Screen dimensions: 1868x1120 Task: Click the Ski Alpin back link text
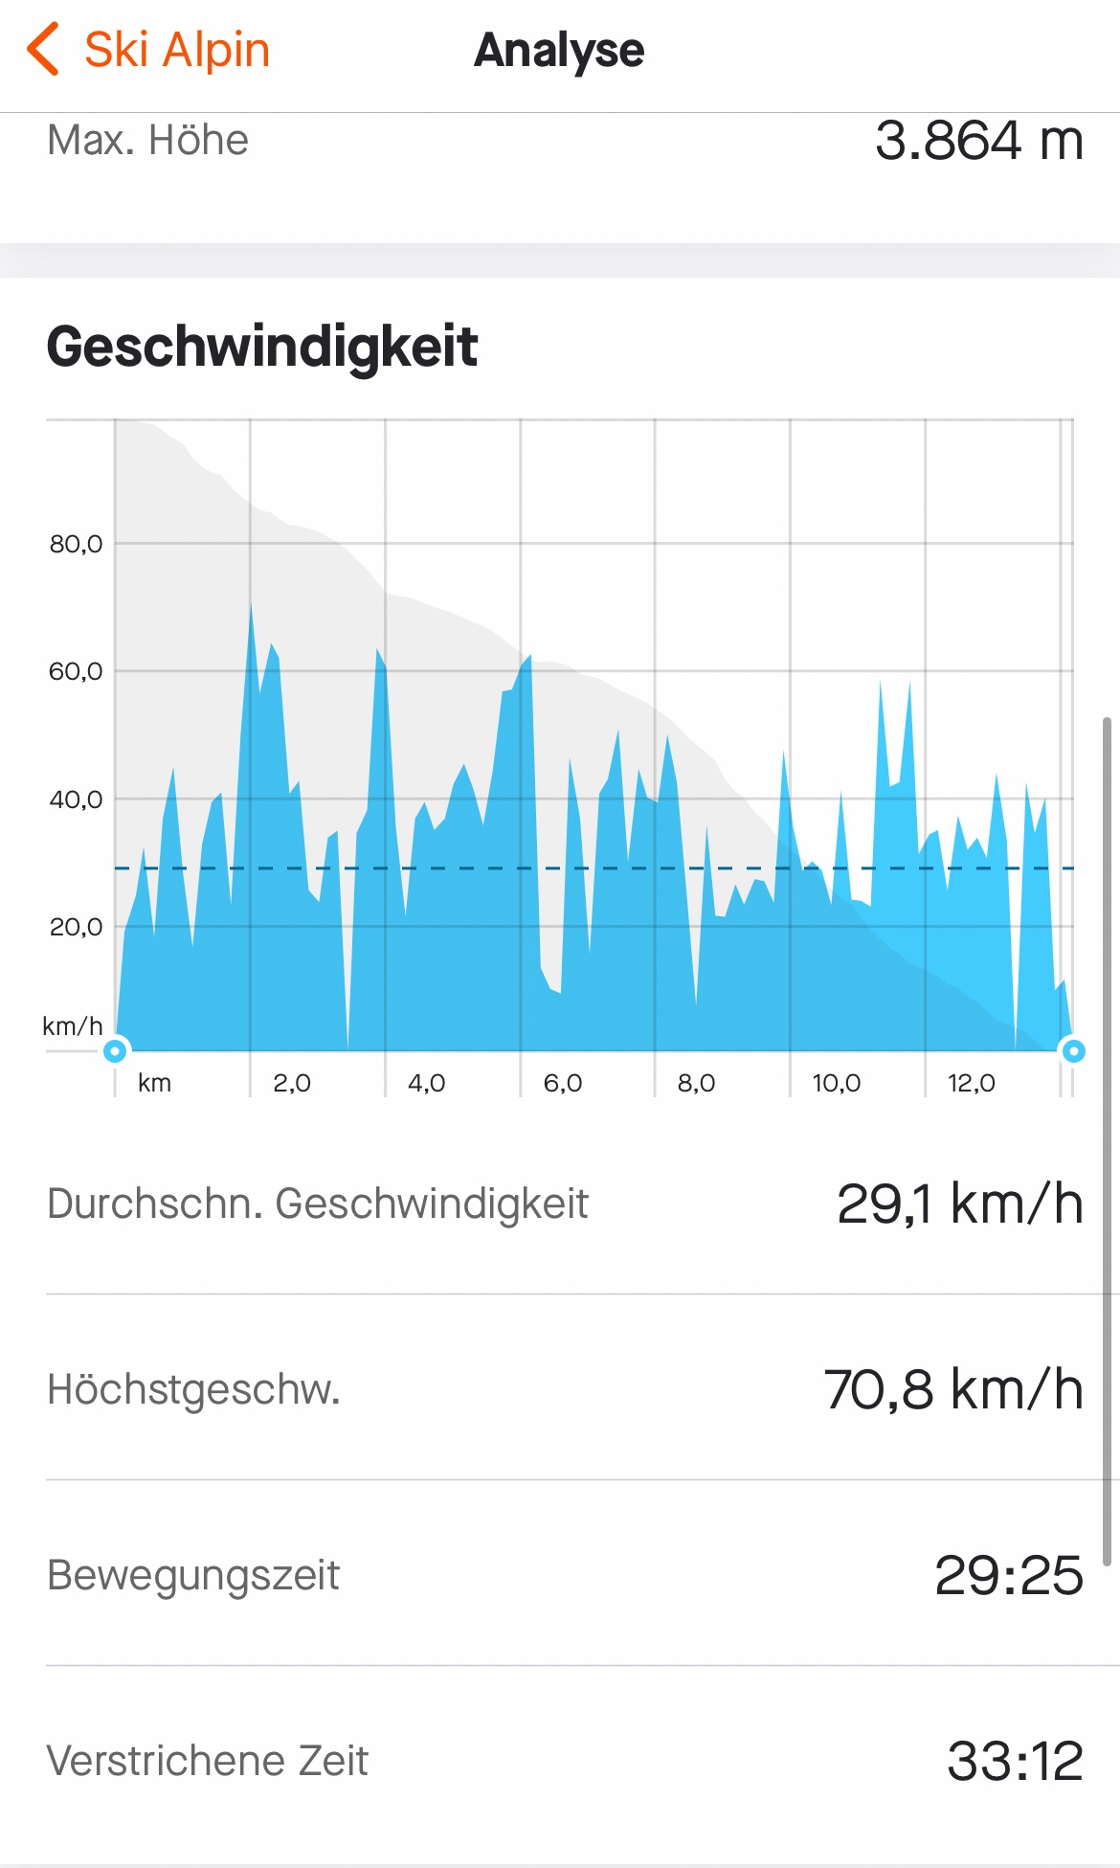(177, 50)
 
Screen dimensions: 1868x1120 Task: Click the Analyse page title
(559, 51)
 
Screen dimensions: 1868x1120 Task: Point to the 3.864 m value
(978, 141)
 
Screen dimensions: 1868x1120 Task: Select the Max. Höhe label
(148, 141)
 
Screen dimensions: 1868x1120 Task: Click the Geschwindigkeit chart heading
(261, 347)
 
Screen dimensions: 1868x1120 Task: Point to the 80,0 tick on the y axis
(76, 544)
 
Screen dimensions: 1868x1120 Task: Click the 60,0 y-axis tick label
(76, 671)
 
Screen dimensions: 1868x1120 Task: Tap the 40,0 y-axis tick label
(76, 799)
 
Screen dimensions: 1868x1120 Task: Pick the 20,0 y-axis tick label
(76, 927)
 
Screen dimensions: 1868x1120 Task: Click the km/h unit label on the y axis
(73, 1026)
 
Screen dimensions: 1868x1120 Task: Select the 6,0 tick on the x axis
(562, 1083)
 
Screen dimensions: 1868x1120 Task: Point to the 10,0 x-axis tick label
(836, 1083)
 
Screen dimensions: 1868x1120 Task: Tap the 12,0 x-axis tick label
(971, 1083)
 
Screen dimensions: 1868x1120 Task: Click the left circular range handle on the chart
(115, 1051)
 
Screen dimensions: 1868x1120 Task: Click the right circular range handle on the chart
(1073, 1051)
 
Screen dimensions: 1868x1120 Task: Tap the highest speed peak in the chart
(251, 607)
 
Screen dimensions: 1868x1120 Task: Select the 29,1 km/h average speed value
(959, 1204)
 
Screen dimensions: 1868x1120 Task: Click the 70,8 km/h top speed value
(953, 1390)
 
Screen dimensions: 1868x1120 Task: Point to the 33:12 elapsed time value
(1015, 1762)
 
